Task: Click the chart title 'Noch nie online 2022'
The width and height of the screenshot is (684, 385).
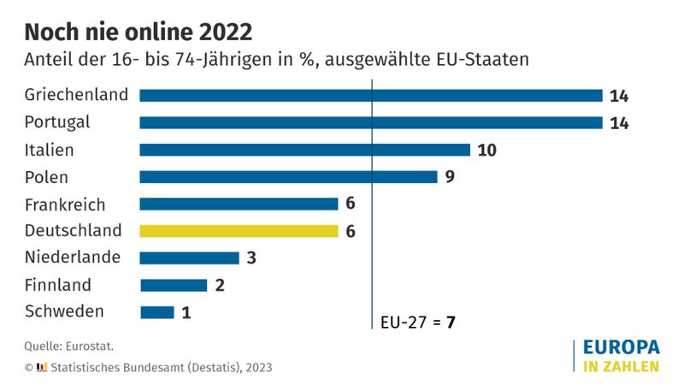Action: click(138, 32)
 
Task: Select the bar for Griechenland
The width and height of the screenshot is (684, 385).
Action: click(371, 96)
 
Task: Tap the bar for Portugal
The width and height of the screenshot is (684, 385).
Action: click(371, 122)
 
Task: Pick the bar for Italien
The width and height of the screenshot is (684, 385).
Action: click(304, 150)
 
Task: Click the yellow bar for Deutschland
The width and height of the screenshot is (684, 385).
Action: click(239, 230)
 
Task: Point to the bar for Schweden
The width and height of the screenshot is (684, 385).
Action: click(156, 312)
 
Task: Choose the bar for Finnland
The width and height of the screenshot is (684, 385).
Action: click(173, 285)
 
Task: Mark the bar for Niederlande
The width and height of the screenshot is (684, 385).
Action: click(189, 258)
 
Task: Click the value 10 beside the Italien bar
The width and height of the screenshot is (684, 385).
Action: click(487, 151)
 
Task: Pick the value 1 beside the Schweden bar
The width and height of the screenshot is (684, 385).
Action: click(186, 313)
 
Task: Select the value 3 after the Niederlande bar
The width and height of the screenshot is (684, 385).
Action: click(251, 258)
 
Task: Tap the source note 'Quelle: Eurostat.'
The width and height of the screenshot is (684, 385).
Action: click(68, 346)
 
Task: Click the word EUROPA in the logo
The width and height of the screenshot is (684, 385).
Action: click(621, 347)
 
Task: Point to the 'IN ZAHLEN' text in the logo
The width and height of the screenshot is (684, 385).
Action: click(621, 366)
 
